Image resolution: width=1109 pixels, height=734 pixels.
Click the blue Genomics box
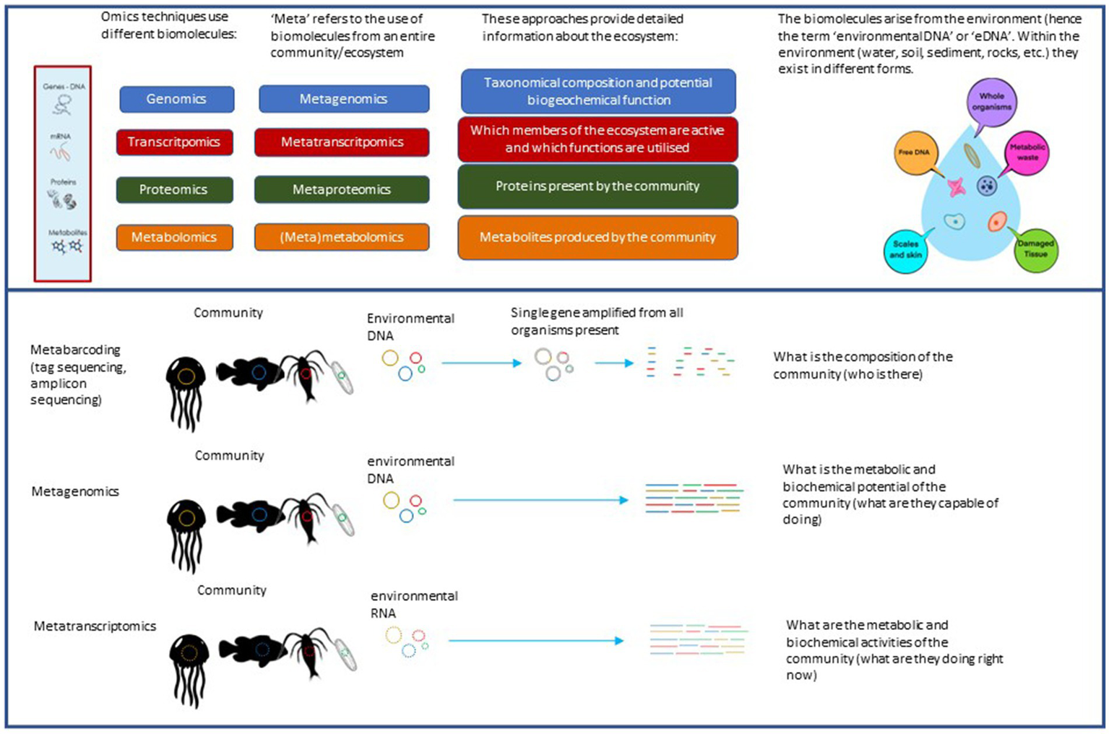click(176, 99)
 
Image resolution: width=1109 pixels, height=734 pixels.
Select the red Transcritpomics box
click(174, 142)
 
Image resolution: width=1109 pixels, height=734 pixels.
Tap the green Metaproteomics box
click(342, 189)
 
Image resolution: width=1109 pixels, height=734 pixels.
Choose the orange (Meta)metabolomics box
click(342, 237)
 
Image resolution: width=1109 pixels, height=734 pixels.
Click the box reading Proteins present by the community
click(597, 186)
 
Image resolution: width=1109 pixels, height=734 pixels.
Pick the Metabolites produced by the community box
click(597, 237)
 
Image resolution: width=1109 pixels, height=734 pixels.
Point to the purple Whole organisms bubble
click(991, 102)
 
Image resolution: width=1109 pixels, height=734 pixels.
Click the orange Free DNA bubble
click(915, 152)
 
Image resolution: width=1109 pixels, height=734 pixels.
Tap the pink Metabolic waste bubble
click(1027, 152)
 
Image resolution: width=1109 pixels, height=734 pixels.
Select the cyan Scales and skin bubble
click(905, 250)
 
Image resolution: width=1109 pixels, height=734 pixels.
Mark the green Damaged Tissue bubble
click(1035, 249)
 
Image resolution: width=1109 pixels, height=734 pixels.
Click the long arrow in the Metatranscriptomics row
click(535, 641)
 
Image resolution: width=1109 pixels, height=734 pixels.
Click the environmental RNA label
click(413, 605)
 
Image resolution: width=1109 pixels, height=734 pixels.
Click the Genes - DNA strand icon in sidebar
click(63, 105)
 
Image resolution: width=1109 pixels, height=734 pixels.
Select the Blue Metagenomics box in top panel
click(344, 99)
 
